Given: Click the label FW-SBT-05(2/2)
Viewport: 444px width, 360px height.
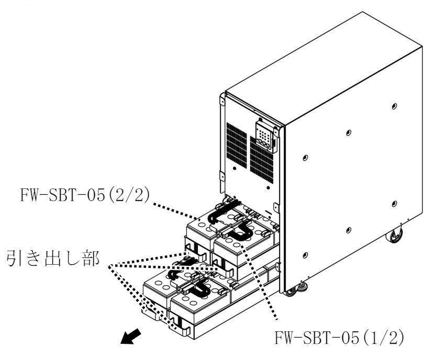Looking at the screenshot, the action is (84, 195).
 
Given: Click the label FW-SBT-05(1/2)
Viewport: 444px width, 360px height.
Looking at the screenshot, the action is (339, 337).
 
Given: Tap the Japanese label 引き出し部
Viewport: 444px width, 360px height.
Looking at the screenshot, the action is (53, 258).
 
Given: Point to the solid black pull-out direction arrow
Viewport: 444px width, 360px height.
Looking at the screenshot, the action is (130, 336).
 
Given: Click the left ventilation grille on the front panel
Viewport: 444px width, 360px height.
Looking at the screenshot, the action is (237, 145).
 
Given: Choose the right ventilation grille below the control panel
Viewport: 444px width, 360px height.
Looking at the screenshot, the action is (262, 160).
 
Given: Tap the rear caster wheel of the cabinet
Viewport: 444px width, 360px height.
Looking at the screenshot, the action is (394, 234).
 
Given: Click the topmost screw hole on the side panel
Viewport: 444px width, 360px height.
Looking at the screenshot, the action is (394, 106).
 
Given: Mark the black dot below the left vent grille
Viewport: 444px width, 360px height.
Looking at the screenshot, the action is (234, 168).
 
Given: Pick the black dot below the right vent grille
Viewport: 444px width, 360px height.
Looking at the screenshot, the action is (268, 188).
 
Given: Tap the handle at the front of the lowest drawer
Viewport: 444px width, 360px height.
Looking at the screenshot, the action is (180, 328).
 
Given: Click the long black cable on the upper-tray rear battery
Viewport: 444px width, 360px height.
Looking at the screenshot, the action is (224, 211).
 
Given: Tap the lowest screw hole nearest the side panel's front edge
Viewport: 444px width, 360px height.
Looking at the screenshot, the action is (305, 255).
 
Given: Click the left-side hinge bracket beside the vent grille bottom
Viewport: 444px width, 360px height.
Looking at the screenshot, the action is (222, 178).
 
